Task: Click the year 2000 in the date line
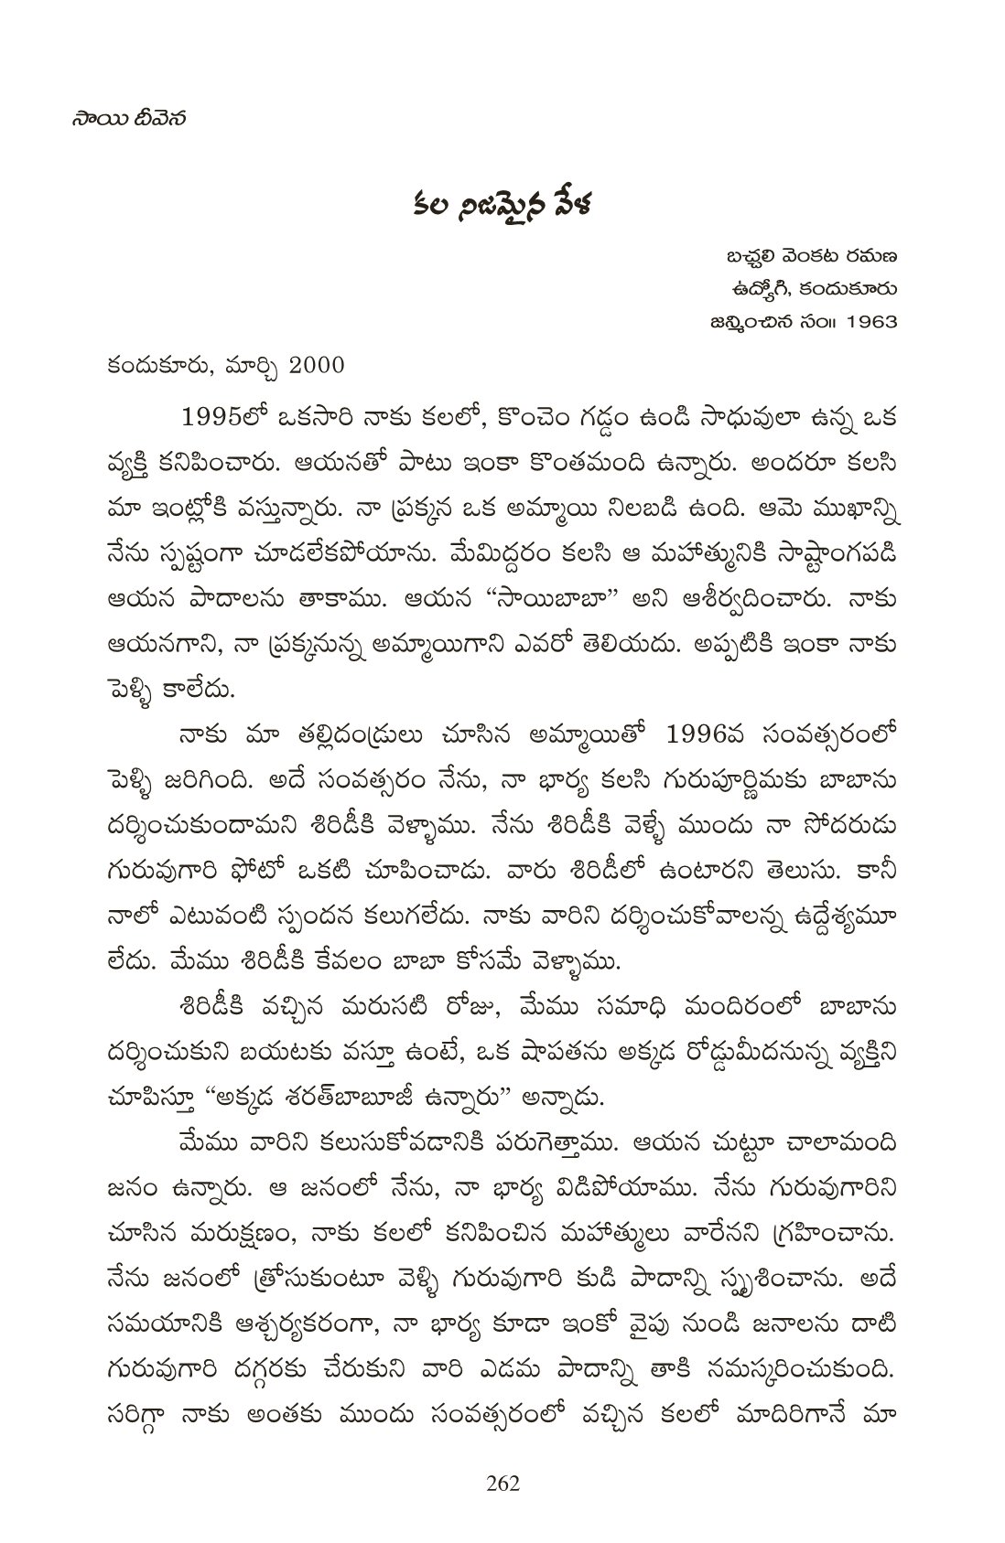coord(315,366)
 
